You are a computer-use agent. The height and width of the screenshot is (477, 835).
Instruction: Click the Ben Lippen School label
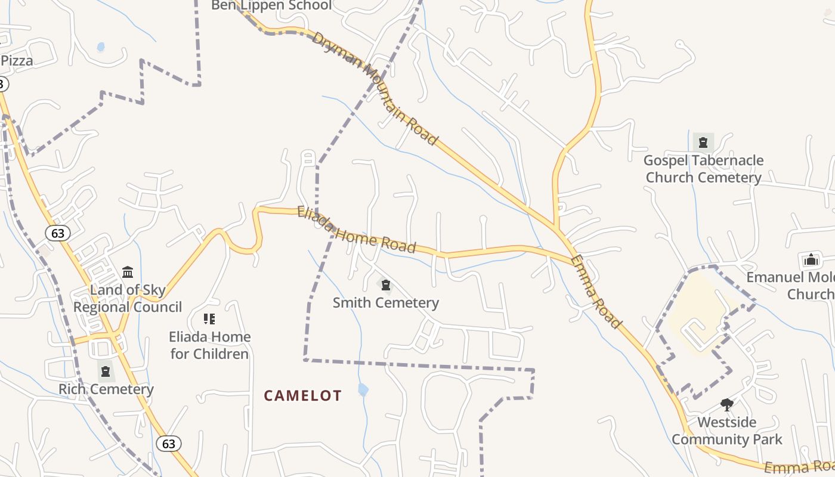tap(271, 5)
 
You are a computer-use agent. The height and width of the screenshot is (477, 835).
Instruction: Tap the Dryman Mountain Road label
tap(375, 88)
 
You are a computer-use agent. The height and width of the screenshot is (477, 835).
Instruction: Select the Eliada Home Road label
tap(356, 230)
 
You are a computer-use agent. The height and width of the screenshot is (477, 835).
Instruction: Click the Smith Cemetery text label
tap(385, 303)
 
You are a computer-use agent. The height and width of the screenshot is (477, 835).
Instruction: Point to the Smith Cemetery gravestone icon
tap(386, 285)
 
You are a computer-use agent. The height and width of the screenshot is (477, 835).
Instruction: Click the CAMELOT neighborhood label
tap(303, 396)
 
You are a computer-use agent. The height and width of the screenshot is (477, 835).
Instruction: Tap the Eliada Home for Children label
tap(209, 345)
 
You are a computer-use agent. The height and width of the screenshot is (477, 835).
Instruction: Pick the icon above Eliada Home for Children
tap(209, 319)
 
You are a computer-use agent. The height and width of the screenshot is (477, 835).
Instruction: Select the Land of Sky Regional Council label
tap(128, 299)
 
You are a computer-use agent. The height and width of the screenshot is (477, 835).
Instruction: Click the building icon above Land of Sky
tap(128, 272)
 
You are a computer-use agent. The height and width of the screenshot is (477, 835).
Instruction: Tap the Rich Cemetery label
tap(106, 389)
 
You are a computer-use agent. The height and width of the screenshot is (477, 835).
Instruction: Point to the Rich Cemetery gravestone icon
tap(106, 371)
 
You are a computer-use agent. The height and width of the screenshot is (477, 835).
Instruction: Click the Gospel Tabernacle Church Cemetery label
tap(703, 169)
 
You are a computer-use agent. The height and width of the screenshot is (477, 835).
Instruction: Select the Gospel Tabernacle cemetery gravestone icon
tap(703, 143)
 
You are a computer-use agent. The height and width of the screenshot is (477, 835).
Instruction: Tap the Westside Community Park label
tap(726, 431)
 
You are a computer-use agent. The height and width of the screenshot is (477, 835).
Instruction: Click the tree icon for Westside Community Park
tap(726, 405)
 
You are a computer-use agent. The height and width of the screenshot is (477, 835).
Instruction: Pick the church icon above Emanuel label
tap(811, 260)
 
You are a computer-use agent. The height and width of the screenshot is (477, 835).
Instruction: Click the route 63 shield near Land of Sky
tap(58, 233)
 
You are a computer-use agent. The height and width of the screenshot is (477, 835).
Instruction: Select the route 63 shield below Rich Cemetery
tap(169, 444)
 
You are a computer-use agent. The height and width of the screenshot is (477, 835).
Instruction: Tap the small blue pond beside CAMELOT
tap(363, 390)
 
